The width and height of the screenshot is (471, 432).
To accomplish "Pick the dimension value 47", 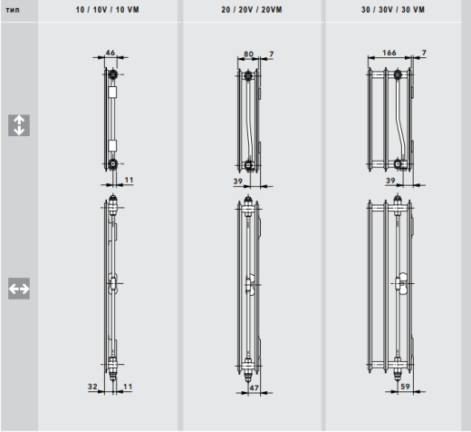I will (x=255, y=387).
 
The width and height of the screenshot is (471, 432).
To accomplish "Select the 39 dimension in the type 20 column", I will (x=238, y=182).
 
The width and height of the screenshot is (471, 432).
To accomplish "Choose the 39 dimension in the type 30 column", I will (x=390, y=182).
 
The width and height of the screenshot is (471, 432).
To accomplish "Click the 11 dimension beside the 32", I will (x=128, y=386).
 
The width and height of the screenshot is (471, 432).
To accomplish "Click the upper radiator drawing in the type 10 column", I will (x=111, y=118).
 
